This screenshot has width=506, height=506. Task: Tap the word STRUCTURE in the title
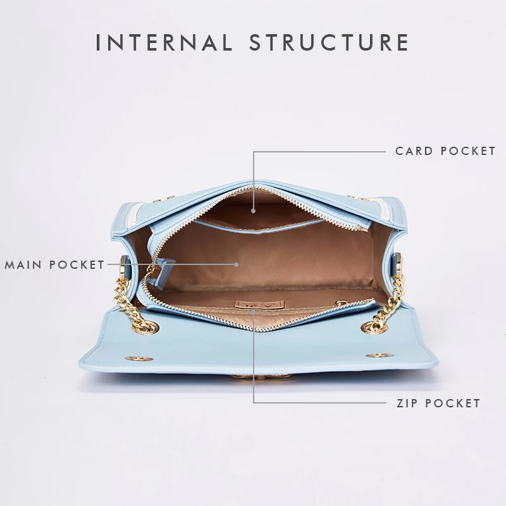point(329,42)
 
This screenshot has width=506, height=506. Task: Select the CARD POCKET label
point(445,151)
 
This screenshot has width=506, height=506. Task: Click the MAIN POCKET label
point(55,264)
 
